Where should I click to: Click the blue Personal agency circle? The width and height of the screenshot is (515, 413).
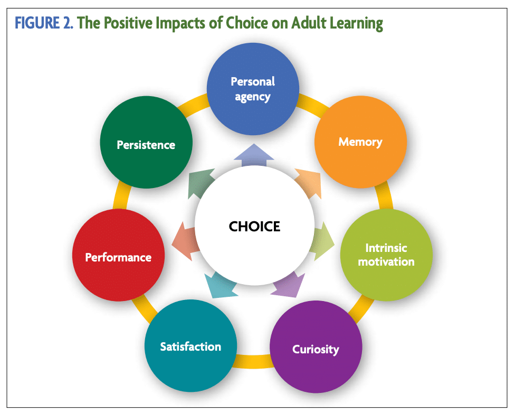pos(253,89)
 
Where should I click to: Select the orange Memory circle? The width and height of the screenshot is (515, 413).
pos(360,142)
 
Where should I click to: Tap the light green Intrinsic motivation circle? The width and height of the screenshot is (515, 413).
pos(386,255)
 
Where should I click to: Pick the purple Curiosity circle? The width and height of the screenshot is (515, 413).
pos(316,346)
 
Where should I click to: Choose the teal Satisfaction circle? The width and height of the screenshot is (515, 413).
pos(191,345)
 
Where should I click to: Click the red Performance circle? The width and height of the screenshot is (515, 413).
pos(119,255)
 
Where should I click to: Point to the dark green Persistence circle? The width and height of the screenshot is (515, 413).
pos(146,142)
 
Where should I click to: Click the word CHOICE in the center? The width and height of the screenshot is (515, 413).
pos(254,227)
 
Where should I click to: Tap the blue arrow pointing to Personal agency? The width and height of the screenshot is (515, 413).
pos(254,155)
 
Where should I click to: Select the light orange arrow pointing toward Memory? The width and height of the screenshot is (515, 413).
pos(309,183)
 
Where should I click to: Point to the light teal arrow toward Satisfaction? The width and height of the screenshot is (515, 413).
pos(220,285)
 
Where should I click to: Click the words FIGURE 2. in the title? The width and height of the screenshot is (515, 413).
pos(44,23)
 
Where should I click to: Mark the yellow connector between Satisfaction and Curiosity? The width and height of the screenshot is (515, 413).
pos(253,361)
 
